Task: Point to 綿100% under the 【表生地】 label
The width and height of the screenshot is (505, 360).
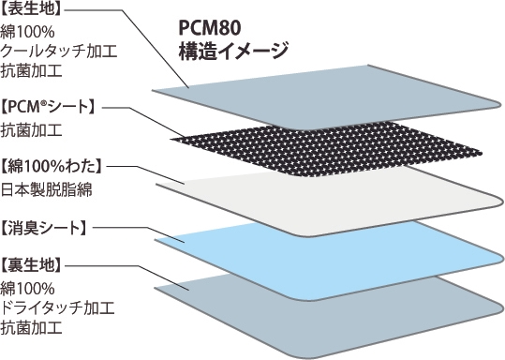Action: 28,32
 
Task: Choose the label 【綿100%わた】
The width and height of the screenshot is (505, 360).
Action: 52,166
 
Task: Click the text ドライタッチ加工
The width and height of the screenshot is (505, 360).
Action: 52,307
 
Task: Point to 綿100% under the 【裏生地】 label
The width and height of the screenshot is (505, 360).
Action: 28,288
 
